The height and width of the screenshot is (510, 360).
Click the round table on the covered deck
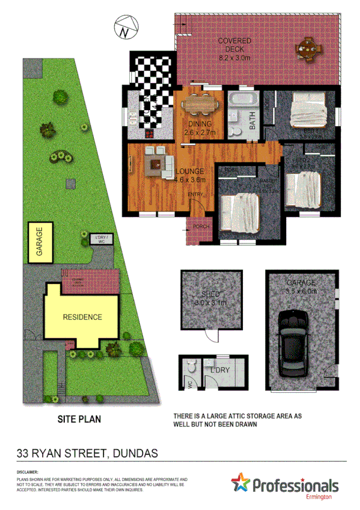point(309,51)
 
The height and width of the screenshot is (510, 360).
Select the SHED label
point(210,295)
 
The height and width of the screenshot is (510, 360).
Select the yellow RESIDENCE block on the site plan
point(82,317)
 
